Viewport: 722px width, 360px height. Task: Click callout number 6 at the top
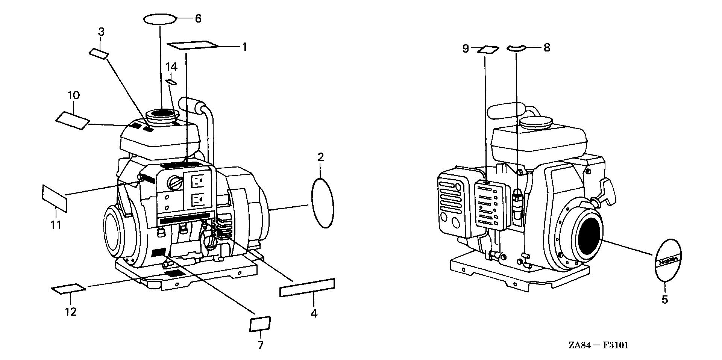(198, 18)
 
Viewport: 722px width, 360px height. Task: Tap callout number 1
(244, 47)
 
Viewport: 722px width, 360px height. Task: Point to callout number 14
(171, 67)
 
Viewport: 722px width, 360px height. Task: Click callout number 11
(56, 225)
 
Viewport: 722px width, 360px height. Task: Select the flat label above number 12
(68, 289)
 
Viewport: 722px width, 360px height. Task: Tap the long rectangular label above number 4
(307, 288)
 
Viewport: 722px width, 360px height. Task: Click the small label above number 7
(260, 324)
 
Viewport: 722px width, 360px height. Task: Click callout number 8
(546, 48)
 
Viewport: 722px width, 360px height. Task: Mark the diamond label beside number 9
(488, 49)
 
